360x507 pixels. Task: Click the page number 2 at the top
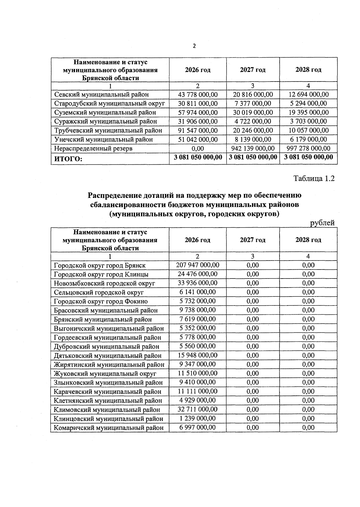click(194, 46)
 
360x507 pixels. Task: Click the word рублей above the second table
click(322, 223)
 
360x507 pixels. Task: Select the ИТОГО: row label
click(68, 159)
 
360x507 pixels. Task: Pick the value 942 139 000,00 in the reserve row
click(253, 148)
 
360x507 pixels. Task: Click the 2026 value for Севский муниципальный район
click(198, 94)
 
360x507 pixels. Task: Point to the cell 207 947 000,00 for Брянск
click(198, 265)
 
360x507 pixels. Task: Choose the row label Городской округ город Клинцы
click(101, 274)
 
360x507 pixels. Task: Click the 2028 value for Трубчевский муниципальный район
click(309, 130)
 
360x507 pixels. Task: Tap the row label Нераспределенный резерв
click(93, 148)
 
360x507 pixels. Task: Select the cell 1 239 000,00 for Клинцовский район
click(198, 418)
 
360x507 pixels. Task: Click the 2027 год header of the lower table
click(253, 240)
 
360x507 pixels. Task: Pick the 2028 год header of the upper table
click(308, 70)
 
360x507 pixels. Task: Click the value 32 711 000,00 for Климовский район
click(198, 409)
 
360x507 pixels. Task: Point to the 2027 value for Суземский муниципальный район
click(253, 112)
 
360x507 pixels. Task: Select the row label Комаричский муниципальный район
click(109, 428)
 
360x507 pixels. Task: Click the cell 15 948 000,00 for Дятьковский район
click(198, 355)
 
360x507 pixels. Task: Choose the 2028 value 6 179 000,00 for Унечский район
click(309, 139)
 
